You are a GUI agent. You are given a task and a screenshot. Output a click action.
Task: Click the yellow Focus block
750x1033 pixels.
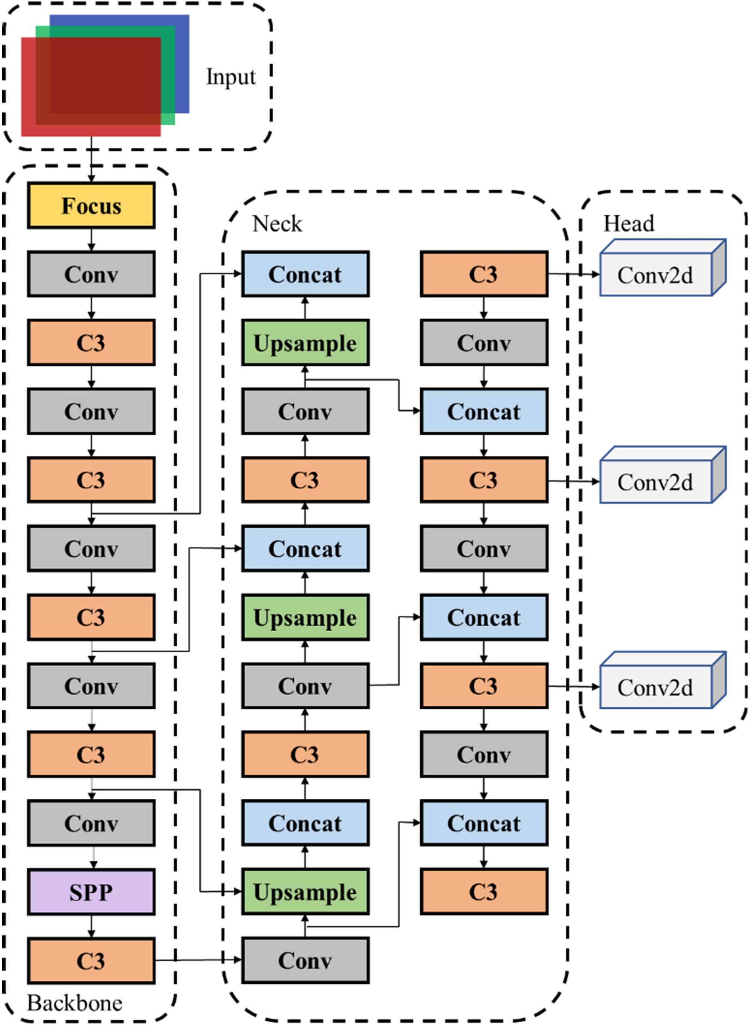click(91, 205)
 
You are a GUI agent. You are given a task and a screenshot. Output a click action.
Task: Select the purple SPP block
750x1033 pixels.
click(91, 892)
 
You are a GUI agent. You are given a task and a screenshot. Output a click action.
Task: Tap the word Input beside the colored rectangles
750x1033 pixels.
click(231, 77)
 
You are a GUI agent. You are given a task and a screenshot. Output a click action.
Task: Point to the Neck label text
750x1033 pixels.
click(277, 224)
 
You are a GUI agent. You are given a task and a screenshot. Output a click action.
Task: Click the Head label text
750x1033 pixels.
click(629, 223)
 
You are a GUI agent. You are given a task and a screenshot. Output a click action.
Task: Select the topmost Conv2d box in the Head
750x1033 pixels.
click(655, 275)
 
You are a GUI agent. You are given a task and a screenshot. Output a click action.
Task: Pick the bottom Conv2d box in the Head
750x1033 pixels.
click(655, 687)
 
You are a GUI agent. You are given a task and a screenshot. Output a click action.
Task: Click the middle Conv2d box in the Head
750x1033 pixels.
click(655, 482)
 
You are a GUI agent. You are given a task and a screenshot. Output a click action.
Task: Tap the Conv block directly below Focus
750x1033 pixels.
click(91, 274)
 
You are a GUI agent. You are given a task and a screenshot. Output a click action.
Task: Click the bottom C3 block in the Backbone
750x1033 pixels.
click(91, 961)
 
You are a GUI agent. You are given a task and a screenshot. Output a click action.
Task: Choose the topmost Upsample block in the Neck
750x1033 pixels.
click(305, 343)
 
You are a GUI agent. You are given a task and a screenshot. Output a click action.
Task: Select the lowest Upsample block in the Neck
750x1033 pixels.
click(305, 892)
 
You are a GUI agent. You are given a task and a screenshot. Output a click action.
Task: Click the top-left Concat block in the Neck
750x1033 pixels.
click(305, 274)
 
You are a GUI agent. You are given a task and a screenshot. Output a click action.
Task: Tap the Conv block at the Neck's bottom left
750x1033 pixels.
click(305, 961)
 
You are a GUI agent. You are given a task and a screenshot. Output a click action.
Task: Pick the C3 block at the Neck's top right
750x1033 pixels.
click(484, 274)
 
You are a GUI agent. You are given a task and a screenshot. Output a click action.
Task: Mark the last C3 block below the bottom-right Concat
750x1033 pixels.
click(484, 892)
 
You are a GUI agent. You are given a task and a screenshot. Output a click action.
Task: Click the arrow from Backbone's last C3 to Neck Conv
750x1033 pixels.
click(198, 960)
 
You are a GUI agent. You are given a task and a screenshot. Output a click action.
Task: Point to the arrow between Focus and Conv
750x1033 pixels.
click(91, 239)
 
